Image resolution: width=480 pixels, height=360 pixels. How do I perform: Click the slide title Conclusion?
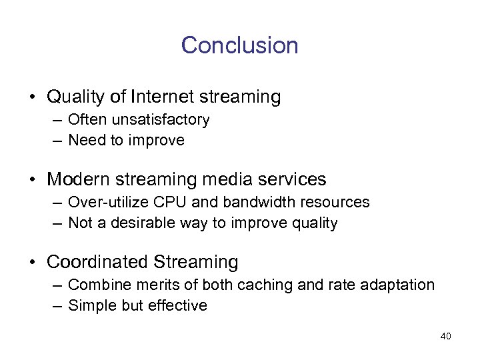(239, 45)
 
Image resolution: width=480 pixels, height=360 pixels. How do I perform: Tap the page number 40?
(445, 336)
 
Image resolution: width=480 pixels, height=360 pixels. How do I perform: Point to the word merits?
(145, 285)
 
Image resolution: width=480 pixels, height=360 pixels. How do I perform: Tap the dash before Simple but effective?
(58, 306)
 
